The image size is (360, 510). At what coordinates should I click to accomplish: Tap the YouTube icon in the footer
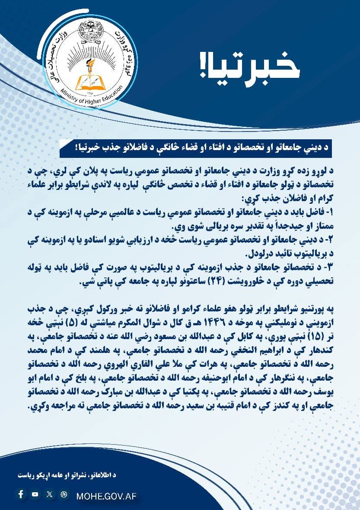(35, 494)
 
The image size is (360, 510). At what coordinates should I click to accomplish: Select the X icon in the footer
(50, 494)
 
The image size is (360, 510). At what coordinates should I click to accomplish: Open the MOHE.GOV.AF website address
(106, 496)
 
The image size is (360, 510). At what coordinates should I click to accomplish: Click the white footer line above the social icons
(67, 475)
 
